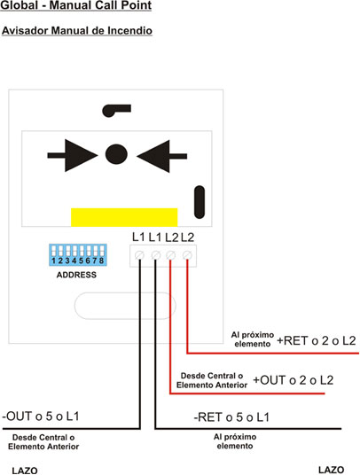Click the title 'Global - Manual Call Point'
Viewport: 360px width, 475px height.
[x=75, y=5]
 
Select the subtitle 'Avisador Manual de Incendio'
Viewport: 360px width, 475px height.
[x=77, y=31]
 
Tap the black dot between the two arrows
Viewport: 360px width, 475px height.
[x=116, y=154]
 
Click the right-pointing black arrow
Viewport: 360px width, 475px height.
[x=73, y=155]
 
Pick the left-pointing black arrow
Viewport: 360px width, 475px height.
[x=161, y=156]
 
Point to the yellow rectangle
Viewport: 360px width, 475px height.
[x=124, y=217]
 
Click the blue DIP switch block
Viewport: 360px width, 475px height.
[x=78, y=255]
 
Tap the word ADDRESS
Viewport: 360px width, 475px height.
[x=76, y=275]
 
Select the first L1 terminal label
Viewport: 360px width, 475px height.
[x=138, y=237]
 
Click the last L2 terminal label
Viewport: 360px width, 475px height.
[x=188, y=237]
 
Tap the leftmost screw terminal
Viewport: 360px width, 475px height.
[x=139, y=255]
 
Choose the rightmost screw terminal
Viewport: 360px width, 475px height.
[x=187, y=255]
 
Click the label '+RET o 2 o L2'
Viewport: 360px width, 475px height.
[x=316, y=341]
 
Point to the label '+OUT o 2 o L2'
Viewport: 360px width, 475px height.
[x=293, y=380]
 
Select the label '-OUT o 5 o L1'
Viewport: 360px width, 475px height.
[x=41, y=417]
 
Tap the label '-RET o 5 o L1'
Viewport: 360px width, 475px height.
[x=231, y=417]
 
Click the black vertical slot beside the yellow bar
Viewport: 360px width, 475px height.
[x=200, y=202]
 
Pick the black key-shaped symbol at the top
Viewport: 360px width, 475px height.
[x=116, y=110]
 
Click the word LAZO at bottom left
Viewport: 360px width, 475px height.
[x=25, y=471]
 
